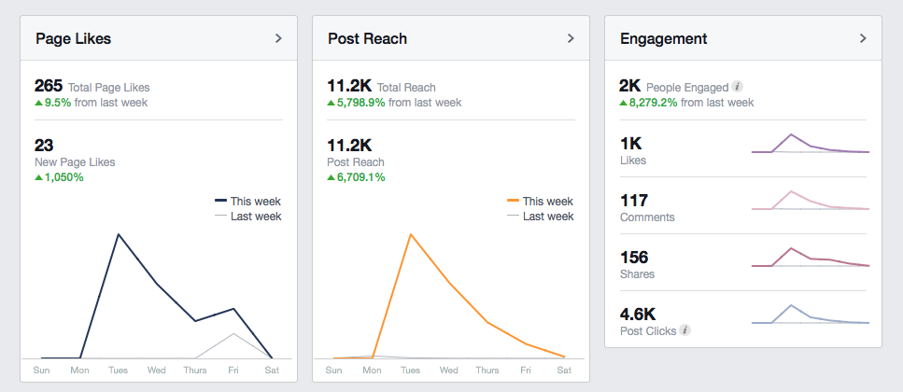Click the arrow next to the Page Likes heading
(278, 38)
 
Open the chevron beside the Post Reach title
(571, 38)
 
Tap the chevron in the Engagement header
(863, 38)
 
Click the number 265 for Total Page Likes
(49, 87)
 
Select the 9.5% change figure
(58, 103)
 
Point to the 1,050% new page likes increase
(63, 177)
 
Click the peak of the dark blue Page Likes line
(118, 235)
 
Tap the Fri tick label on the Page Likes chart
(233, 371)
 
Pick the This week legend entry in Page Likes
(248, 202)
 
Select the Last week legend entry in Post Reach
(540, 217)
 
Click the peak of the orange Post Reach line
(411, 235)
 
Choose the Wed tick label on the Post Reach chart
(448, 371)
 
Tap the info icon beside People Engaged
(737, 87)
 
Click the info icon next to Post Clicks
(684, 330)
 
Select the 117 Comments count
(634, 201)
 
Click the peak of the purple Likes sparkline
(791, 134)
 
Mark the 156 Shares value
(634, 257)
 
